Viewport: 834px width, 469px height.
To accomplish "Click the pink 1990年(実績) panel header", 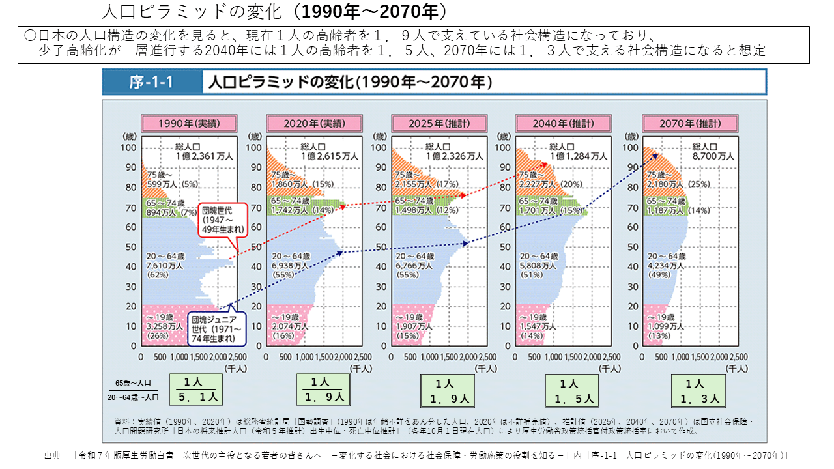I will pos(189,123).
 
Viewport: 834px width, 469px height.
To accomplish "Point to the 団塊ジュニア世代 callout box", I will pos(217,328).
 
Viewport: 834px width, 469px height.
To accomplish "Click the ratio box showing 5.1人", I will pos(196,390).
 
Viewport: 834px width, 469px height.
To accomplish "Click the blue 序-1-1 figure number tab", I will pos(151,83).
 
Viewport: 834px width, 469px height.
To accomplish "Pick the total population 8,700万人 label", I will pos(713,156).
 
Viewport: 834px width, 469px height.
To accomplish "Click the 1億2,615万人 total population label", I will pos(329,156).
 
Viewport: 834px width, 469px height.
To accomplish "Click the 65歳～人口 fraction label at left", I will pos(133,383).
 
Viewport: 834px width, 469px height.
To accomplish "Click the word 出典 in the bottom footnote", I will pos(52,455).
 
